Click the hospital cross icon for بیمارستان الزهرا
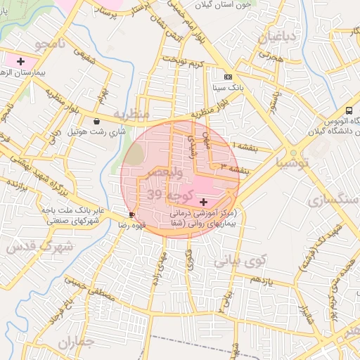click(x=20, y=62)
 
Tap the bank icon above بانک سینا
click(x=227, y=77)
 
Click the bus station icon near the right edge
click(x=349, y=111)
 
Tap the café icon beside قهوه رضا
click(x=131, y=214)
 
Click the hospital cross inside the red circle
click(x=204, y=202)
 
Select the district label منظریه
click(x=131, y=114)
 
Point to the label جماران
click(x=76, y=343)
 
